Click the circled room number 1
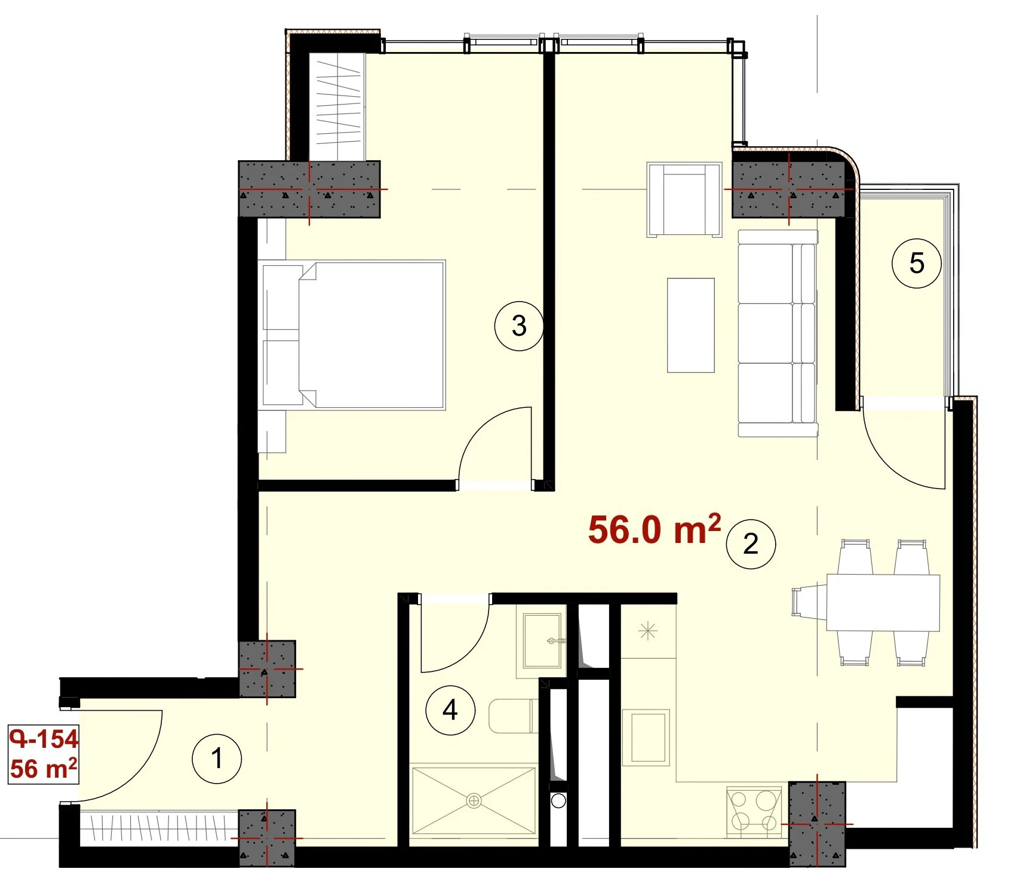(x=217, y=759)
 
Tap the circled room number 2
(x=751, y=544)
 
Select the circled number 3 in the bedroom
(x=519, y=326)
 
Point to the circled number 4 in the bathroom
(x=450, y=710)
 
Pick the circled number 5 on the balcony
(x=917, y=263)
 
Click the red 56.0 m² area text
(x=655, y=529)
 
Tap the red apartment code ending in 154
(x=44, y=739)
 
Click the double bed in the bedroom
(x=352, y=334)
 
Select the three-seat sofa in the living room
(x=778, y=333)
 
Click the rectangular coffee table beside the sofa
(x=691, y=326)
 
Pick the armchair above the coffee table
(x=684, y=199)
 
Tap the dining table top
(x=883, y=603)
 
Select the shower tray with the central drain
(x=474, y=800)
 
